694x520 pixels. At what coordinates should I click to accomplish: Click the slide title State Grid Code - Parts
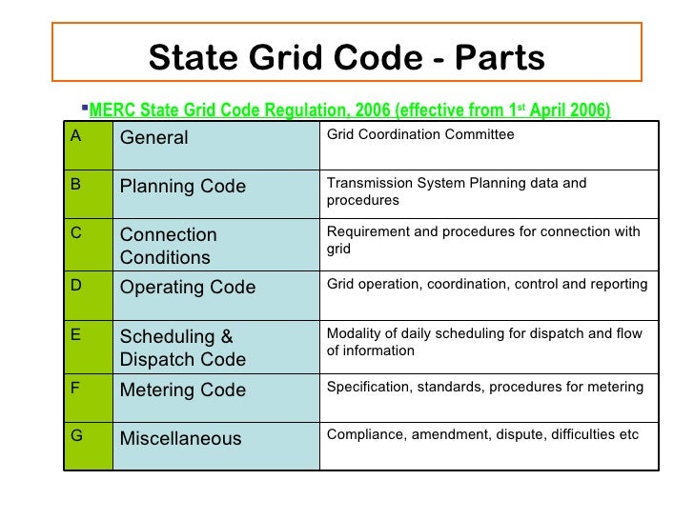(346, 58)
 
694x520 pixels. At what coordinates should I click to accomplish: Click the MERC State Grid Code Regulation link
(349, 110)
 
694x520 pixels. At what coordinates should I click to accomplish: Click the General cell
(153, 138)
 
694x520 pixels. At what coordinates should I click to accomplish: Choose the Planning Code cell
(183, 186)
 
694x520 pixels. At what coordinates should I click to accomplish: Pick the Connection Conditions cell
(169, 246)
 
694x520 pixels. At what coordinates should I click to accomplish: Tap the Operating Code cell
(188, 287)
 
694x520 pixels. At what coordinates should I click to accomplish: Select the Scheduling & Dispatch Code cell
(182, 348)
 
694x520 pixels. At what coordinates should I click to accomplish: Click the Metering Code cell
(182, 390)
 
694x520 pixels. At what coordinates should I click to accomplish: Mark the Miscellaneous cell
(180, 439)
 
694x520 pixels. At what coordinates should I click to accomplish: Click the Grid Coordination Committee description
(420, 135)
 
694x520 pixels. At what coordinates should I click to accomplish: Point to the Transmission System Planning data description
(457, 191)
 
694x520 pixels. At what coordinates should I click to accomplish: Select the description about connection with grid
(483, 241)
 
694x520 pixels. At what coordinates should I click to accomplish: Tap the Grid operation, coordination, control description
(487, 284)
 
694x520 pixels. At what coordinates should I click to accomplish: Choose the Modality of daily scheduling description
(483, 341)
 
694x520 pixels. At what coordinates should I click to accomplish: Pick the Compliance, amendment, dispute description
(483, 435)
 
